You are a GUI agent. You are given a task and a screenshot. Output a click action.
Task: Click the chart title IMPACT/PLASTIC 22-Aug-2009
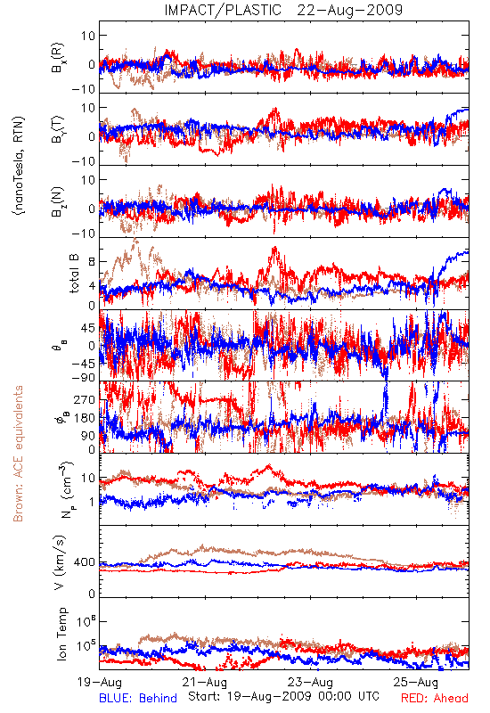283,10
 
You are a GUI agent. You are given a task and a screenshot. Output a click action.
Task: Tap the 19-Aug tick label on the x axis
100,682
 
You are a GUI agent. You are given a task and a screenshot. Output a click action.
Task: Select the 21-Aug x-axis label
205,682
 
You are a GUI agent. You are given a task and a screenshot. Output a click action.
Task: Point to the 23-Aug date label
310,682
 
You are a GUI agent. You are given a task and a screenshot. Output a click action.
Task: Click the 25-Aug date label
416,682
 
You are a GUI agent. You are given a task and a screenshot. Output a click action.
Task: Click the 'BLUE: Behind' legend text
138,698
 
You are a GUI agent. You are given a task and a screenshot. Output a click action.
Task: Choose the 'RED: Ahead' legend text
435,698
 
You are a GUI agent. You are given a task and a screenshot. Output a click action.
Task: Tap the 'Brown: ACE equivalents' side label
18,454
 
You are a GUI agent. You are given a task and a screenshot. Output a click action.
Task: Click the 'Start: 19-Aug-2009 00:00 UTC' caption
283,696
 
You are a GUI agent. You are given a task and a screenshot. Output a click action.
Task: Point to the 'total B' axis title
74,274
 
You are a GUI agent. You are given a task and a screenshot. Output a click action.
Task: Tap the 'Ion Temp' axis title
61,634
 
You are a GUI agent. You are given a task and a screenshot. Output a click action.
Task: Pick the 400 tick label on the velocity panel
85,562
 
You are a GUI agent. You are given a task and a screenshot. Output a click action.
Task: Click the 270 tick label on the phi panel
85,399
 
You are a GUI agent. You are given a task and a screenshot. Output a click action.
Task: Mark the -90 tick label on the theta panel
84,378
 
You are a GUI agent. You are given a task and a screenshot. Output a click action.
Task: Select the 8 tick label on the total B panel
92,261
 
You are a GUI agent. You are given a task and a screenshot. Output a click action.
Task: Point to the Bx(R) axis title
58,57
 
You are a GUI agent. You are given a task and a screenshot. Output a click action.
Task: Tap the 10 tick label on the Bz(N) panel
88,180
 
